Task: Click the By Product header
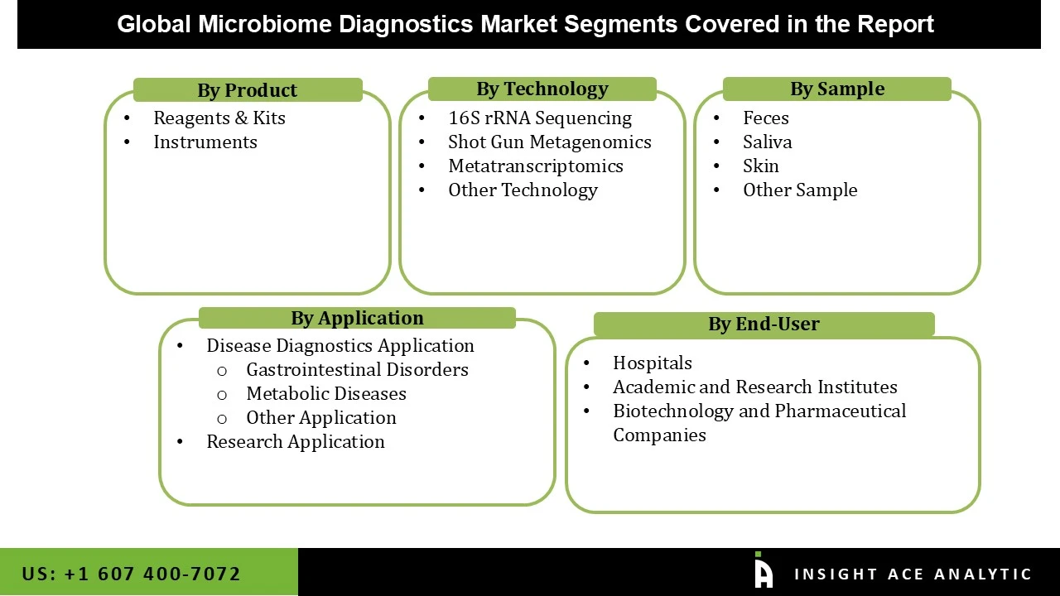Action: click(x=247, y=90)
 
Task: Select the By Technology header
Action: click(x=542, y=89)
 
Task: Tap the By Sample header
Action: click(x=836, y=89)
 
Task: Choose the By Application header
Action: click(x=357, y=318)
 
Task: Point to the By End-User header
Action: click(x=764, y=324)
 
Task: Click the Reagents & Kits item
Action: click(x=219, y=118)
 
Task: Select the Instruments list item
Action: click(x=205, y=142)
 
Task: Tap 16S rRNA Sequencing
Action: click(x=539, y=118)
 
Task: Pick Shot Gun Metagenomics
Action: click(x=549, y=142)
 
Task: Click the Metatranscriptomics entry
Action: click(x=535, y=166)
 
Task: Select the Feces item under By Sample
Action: click(x=765, y=118)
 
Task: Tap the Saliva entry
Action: click(x=767, y=142)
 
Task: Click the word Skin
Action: click(x=760, y=166)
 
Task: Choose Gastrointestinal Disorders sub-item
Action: click(x=357, y=369)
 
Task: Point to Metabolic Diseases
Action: click(x=325, y=393)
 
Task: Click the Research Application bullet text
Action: click(x=295, y=441)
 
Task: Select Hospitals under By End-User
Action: click(x=652, y=363)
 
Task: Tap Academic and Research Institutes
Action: click(x=754, y=387)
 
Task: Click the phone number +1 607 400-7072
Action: click(x=152, y=574)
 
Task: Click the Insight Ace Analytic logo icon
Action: click(x=763, y=571)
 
